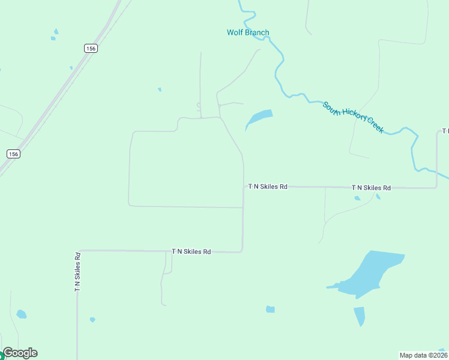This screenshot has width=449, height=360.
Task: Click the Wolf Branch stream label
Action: [x=248, y=32]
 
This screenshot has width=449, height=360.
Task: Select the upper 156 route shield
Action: [x=91, y=49]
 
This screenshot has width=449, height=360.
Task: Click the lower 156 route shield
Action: [x=13, y=154]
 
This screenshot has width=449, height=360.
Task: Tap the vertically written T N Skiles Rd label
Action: [x=77, y=272]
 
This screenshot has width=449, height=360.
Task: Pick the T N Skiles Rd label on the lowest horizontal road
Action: [x=191, y=252]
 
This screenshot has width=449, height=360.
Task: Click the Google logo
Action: [x=20, y=353]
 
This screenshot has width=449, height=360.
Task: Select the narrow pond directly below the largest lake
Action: [x=359, y=316]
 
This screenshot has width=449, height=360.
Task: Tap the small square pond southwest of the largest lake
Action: [x=270, y=310]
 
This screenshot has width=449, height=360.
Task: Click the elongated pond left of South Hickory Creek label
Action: [x=259, y=118]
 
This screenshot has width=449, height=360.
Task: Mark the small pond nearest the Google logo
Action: [x=22, y=314]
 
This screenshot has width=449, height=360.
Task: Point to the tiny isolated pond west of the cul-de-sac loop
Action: [x=159, y=89]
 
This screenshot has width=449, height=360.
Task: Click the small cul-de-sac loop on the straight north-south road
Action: [x=198, y=106]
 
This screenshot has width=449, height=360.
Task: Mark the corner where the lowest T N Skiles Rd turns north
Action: [x=242, y=251]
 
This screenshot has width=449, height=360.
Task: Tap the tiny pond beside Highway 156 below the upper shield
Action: [x=71, y=68]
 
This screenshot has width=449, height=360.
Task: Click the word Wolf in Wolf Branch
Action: [x=235, y=32]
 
